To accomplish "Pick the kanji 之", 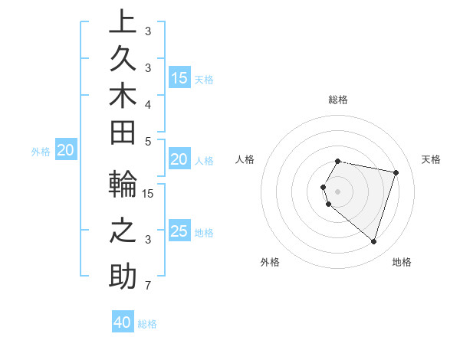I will point(123,231).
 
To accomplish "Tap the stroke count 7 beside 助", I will point(148,286).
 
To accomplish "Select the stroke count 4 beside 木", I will point(148,103).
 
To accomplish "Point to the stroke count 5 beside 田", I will point(148,141).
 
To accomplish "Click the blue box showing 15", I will point(179,77).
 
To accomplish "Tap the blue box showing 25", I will point(179,231).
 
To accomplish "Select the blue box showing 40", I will point(123,322).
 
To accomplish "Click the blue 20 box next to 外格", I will point(65,150).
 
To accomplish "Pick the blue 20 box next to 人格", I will point(179,159).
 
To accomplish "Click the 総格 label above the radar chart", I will point(338,100).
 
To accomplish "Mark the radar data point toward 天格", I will point(396,172).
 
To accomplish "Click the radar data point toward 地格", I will point(373,242).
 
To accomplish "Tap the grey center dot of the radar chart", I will point(338,191).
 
